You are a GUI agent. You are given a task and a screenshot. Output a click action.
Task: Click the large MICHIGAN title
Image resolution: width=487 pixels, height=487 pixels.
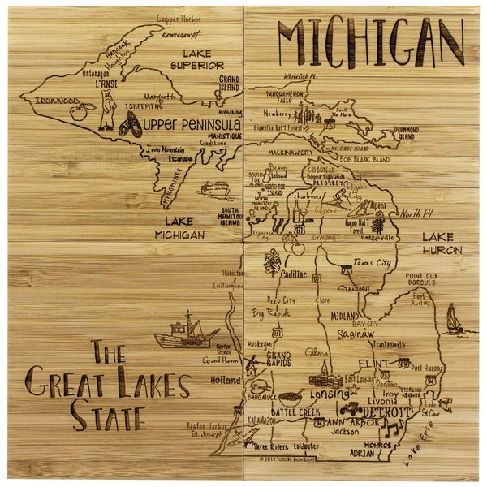[x=370, y=41]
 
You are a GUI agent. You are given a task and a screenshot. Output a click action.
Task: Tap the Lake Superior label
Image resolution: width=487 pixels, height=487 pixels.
[x=196, y=58]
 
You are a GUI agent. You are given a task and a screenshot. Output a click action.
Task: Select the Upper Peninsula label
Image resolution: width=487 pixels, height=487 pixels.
[x=192, y=125]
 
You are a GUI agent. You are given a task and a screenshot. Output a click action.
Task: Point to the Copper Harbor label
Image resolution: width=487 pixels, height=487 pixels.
[x=179, y=18]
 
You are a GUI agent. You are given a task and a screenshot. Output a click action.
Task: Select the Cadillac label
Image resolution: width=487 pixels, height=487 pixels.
[x=293, y=274]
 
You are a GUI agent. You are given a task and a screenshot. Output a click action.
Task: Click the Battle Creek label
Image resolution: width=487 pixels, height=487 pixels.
[x=284, y=412]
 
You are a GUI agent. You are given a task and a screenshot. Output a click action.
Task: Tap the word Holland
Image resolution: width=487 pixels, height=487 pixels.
[x=225, y=379]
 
